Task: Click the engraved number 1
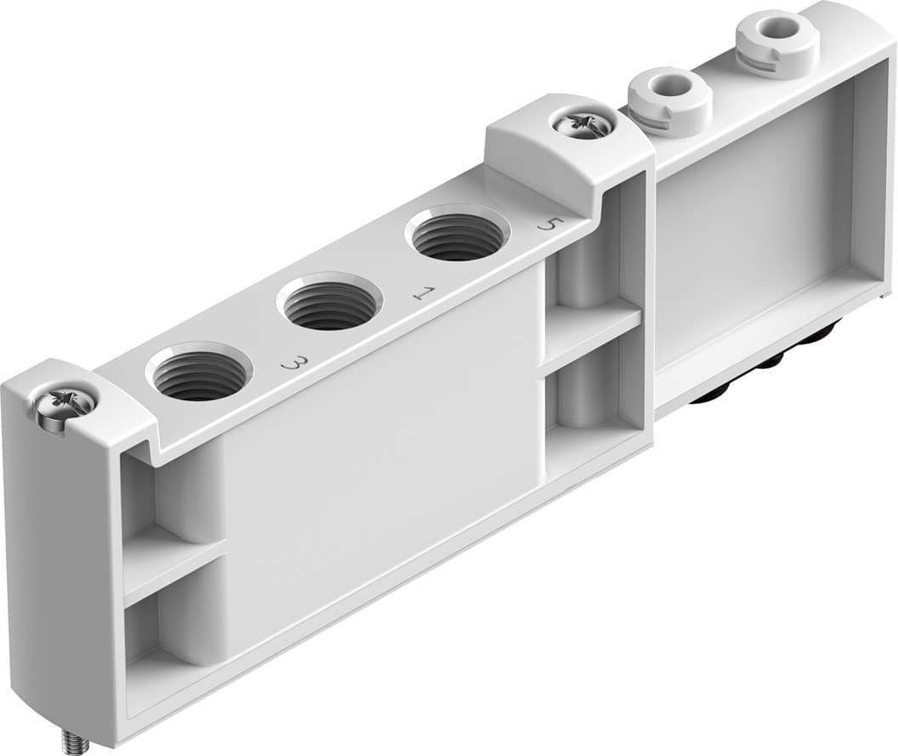(422, 294)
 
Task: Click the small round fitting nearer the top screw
(668, 91)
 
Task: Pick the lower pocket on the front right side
(587, 400)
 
